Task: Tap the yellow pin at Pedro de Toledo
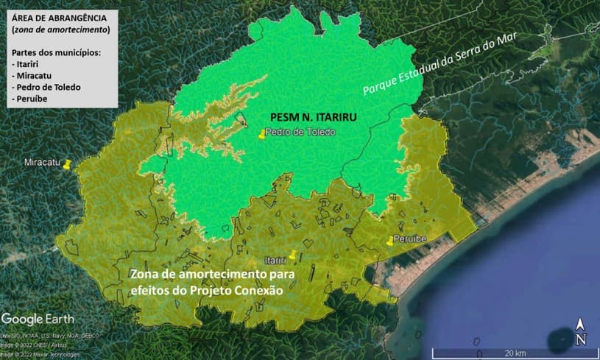point(261,134)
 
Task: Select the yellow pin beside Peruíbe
point(390,241)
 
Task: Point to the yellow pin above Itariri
point(293,255)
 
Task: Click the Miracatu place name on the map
point(41,163)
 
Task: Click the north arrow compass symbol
point(581,332)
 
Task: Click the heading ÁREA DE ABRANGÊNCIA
point(59,18)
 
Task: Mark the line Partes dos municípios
point(57,52)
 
